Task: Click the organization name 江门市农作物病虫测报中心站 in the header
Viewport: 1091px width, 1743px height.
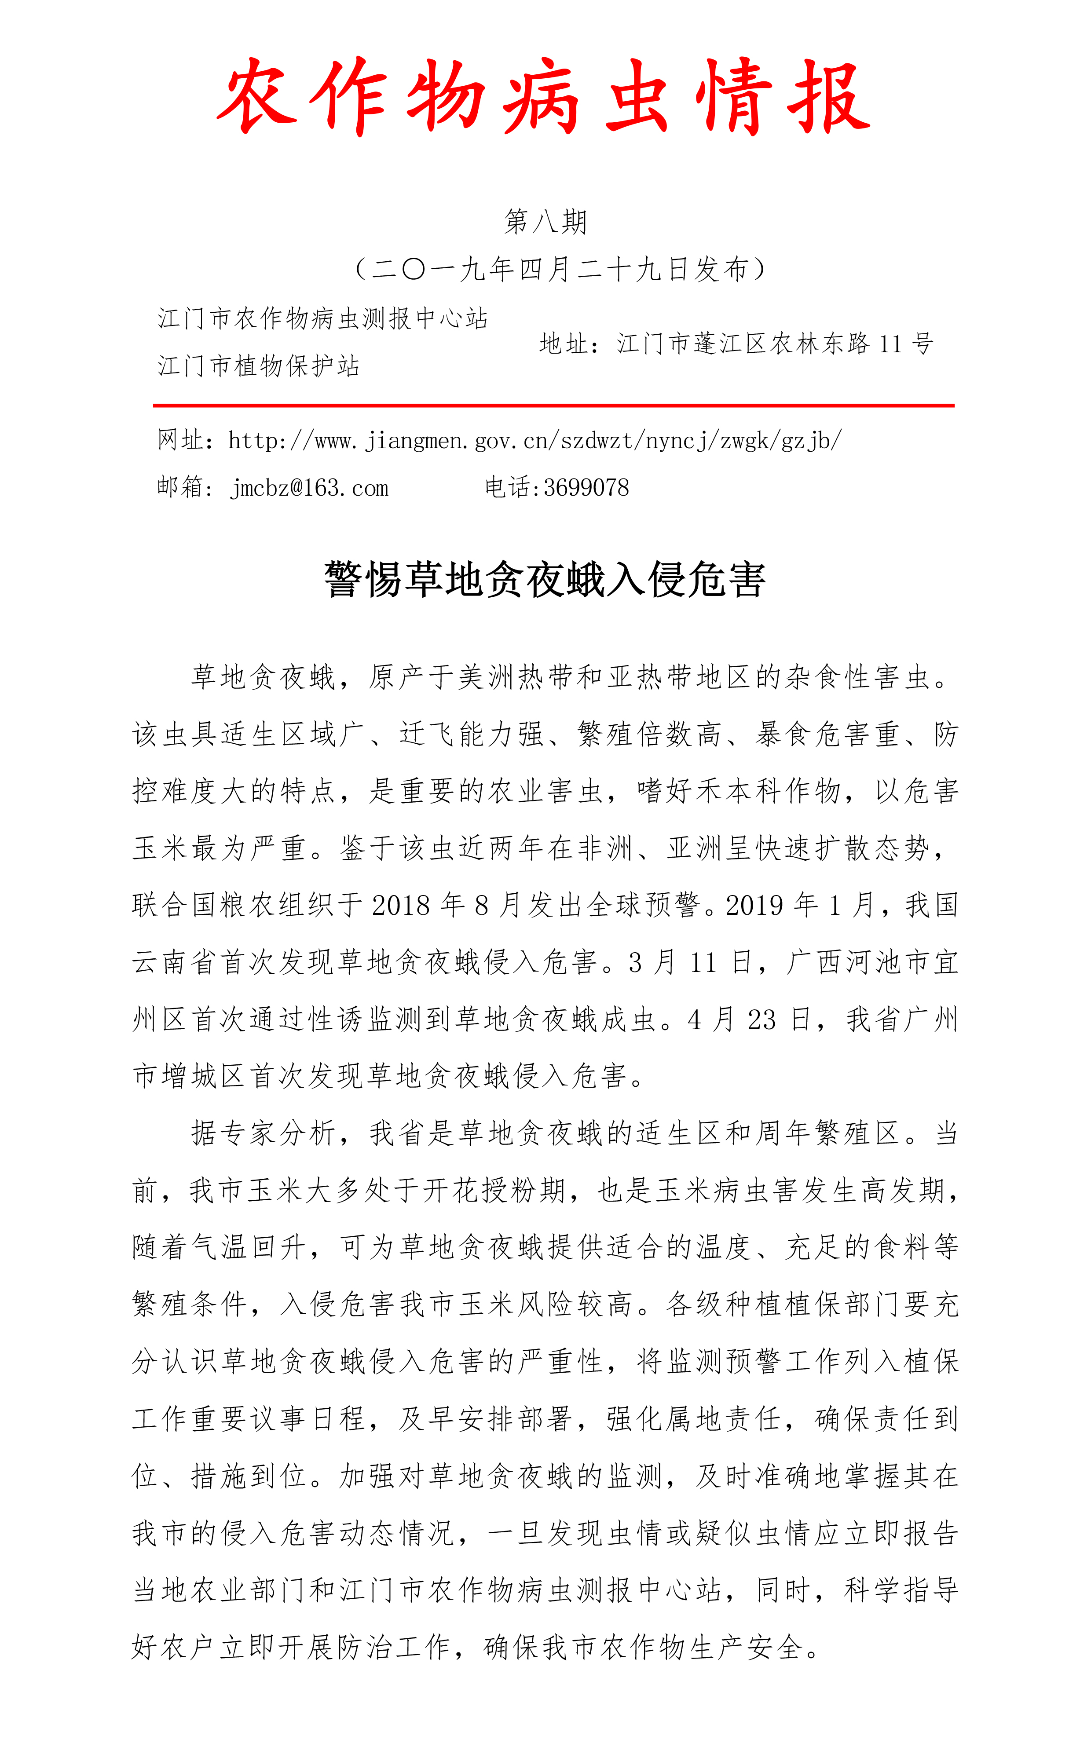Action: point(322,318)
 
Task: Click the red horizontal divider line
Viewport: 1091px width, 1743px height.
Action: point(553,406)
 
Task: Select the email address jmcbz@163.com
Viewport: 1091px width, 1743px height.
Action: point(310,488)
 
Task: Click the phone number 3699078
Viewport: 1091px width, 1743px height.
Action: point(586,488)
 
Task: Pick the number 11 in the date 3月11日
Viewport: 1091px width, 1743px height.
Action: point(703,962)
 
